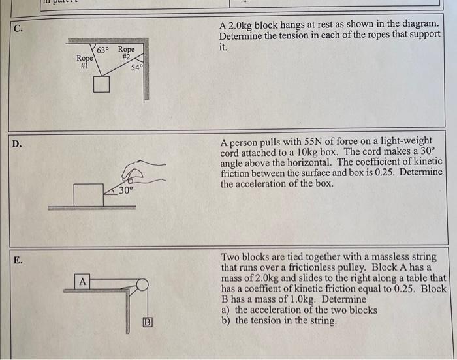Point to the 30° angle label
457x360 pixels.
pos(125,190)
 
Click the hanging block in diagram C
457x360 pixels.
pos(101,84)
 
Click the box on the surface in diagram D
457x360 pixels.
pos(88,194)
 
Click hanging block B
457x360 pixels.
pos(148,322)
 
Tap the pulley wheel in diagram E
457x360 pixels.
pos(142,284)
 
